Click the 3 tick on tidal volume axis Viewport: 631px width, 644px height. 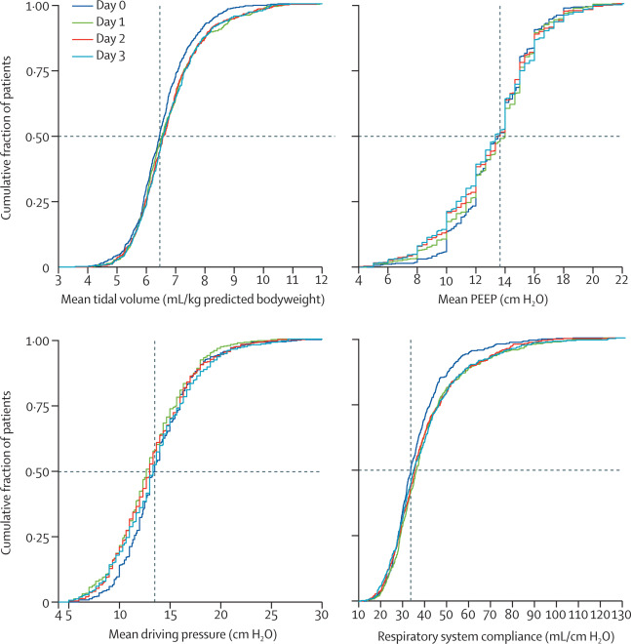click(59, 281)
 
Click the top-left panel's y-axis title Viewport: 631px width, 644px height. click(9, 137)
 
